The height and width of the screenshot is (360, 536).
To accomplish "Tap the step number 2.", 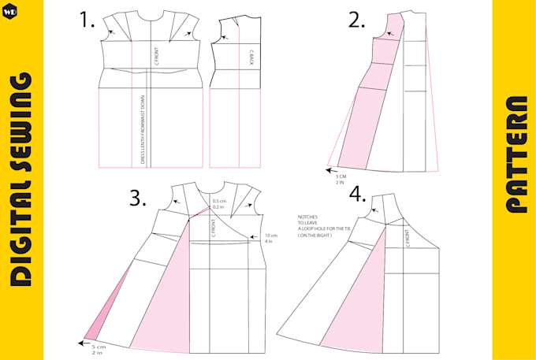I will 357,20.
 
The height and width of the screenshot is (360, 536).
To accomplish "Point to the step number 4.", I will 357,194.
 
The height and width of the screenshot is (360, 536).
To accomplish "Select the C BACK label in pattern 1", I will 251,56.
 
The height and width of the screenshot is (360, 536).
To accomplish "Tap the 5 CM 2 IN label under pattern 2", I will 341,179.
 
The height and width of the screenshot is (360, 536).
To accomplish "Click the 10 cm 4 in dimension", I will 271,238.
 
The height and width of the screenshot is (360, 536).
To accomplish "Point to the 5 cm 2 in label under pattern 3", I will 98,350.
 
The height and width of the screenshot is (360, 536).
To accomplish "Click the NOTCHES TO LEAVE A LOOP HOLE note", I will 316,226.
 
